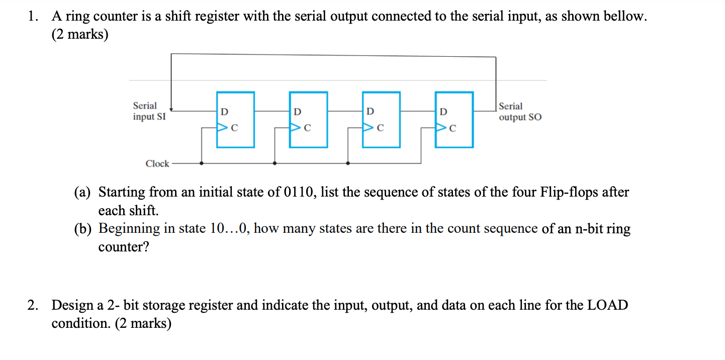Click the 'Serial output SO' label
click(520, 112)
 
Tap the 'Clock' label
click(157, 163)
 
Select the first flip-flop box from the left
click(235, 120)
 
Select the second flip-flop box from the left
click(308, 120)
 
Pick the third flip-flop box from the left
click(381, 120)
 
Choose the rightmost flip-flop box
click(454, 120)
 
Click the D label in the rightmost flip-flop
click(443, 111)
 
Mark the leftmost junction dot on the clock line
click(202, 163)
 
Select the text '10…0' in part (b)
click(232, 229)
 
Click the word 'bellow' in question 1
click(625, 16)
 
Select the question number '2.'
click(33, 305)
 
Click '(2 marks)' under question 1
click(79, 35)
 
